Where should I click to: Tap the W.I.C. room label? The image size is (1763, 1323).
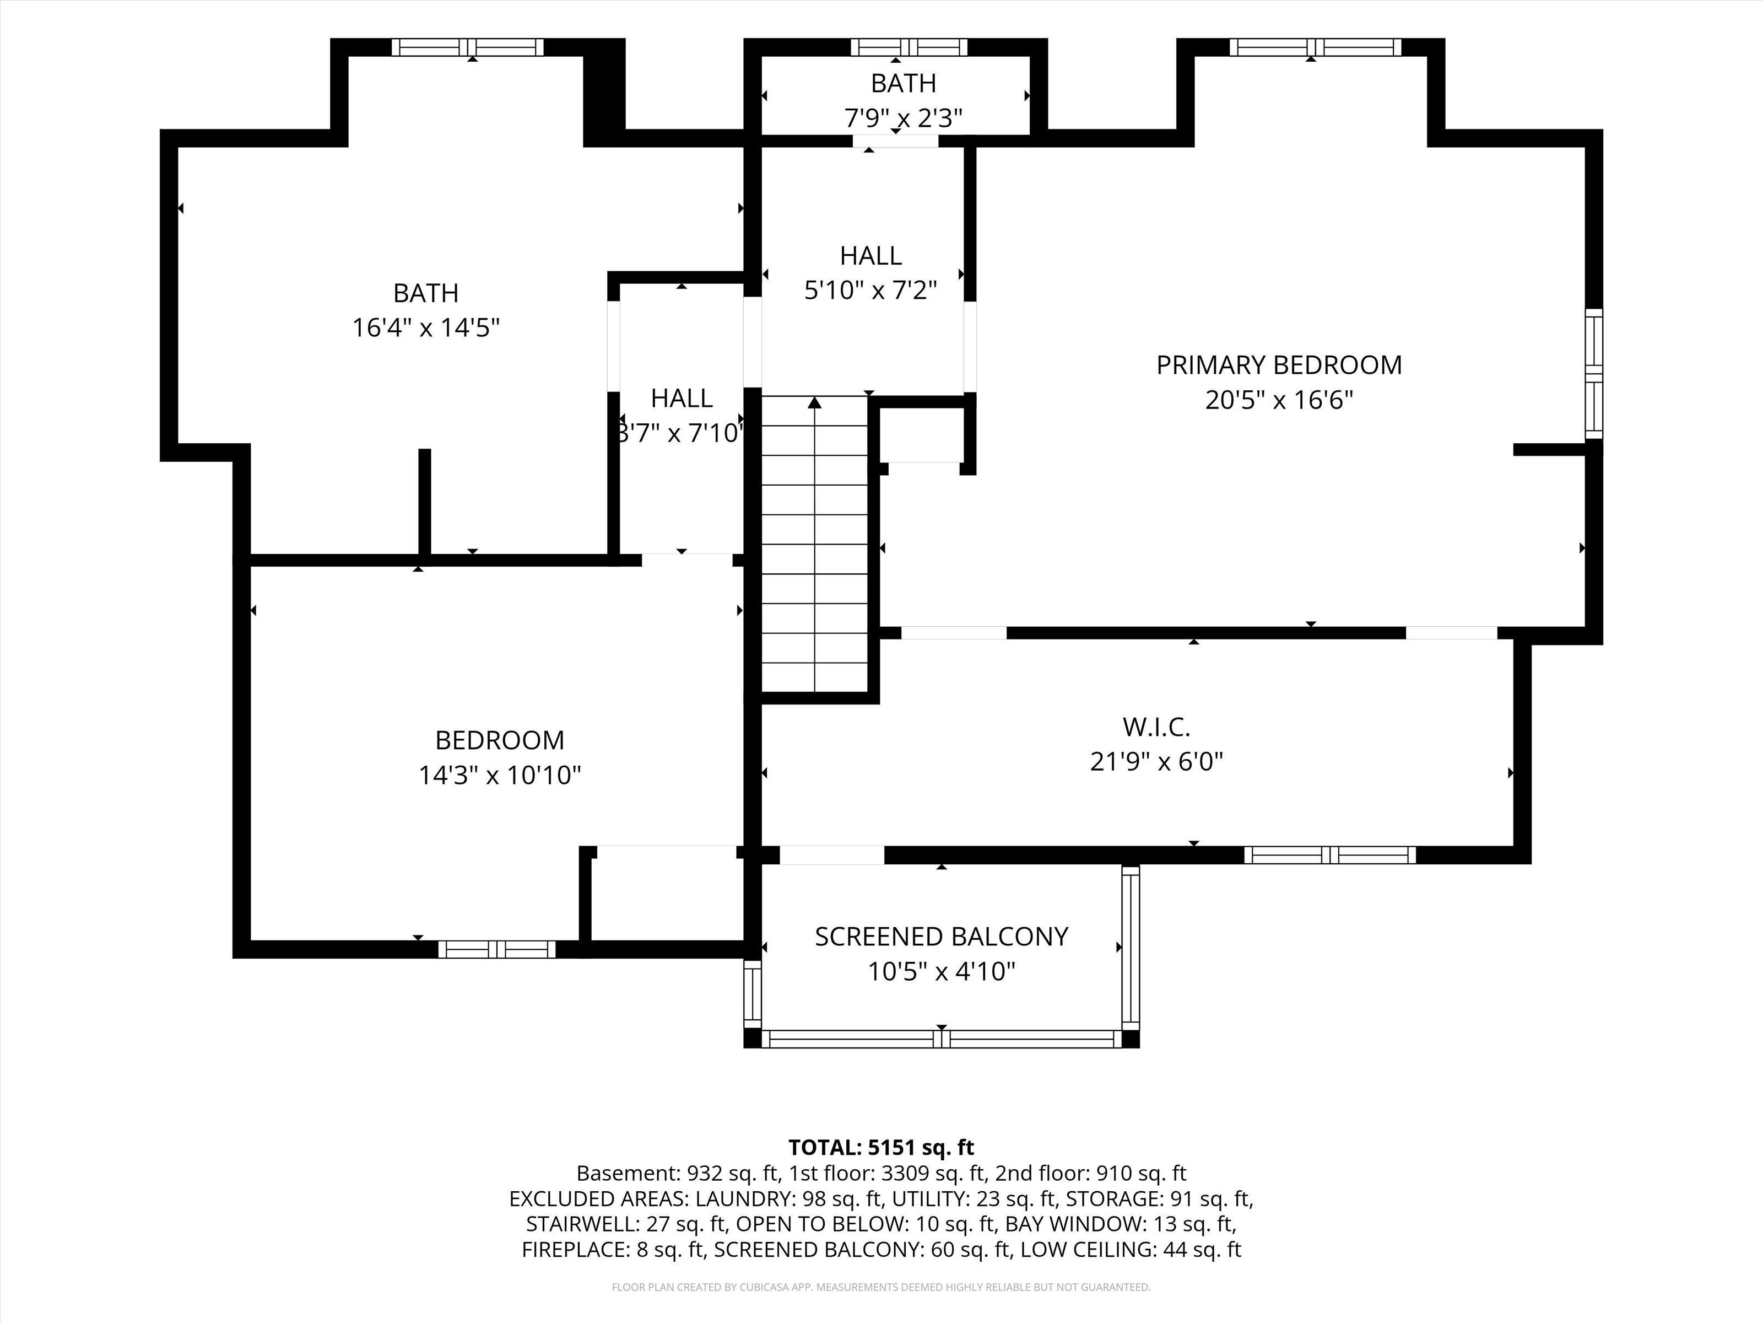[1156, 727]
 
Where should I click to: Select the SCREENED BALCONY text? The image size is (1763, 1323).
[941, 936]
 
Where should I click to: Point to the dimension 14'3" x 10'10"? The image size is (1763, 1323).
[500, 775]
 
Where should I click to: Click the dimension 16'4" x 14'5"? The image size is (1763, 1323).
[426, 328]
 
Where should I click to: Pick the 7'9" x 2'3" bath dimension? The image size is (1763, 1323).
[903, 118]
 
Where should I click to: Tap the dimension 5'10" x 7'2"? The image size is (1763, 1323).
[870, 291]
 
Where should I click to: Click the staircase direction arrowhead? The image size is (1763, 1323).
[814, 403]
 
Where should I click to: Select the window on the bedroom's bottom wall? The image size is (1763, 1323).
[496, 949]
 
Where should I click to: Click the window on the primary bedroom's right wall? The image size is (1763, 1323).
[1593, 373]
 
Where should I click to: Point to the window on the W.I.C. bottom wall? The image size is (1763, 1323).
[1330, 855]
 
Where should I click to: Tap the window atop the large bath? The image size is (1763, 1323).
[468, 47]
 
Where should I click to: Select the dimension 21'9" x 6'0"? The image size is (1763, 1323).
[1156, 762]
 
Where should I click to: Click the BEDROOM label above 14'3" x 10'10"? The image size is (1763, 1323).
[500, 740]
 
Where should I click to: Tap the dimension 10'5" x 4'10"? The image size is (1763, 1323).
[941, 971]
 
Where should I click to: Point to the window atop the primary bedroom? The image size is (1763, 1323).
[1315, 47]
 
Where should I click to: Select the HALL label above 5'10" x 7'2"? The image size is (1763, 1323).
[870, 255]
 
